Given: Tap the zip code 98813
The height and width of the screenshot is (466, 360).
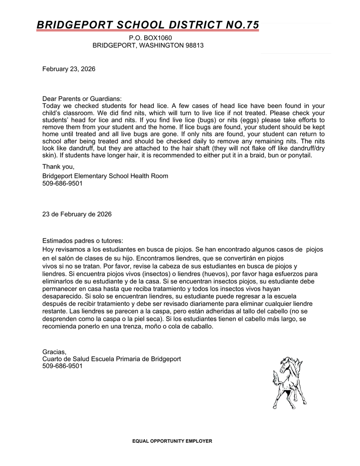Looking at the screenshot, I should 194,46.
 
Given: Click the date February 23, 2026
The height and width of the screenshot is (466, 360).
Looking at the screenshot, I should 69,69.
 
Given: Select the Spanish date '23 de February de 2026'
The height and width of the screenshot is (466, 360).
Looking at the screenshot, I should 77,214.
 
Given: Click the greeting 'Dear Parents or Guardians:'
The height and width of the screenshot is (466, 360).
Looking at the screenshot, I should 82,99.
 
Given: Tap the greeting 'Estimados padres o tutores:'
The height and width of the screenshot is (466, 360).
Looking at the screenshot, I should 83,240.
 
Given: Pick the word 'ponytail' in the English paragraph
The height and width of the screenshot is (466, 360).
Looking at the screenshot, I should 299,156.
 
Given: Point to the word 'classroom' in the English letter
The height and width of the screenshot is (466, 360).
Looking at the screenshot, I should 76,113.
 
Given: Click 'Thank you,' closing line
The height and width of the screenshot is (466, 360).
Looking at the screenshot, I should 58,167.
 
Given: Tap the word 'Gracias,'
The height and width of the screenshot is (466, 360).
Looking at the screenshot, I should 55,352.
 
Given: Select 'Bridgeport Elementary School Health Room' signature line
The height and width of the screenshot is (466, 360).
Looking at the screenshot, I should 105,176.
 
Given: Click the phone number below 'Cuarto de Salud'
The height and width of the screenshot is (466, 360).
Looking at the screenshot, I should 62,366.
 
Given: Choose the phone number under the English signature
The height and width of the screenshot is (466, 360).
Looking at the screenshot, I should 62,183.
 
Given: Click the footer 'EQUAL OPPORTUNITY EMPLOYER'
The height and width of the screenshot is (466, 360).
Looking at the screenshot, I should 172,441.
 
